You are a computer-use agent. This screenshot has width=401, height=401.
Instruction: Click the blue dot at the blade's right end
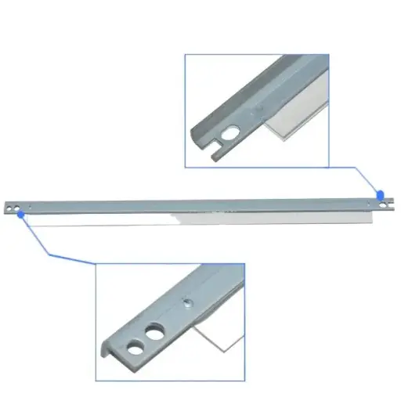(x=381, y=194)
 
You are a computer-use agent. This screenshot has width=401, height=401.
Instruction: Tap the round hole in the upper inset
(x=229, y=134)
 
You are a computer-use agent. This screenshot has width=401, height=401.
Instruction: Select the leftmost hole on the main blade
(x=9, y=209)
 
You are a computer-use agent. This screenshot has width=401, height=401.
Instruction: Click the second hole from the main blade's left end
(x=16, y=208)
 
